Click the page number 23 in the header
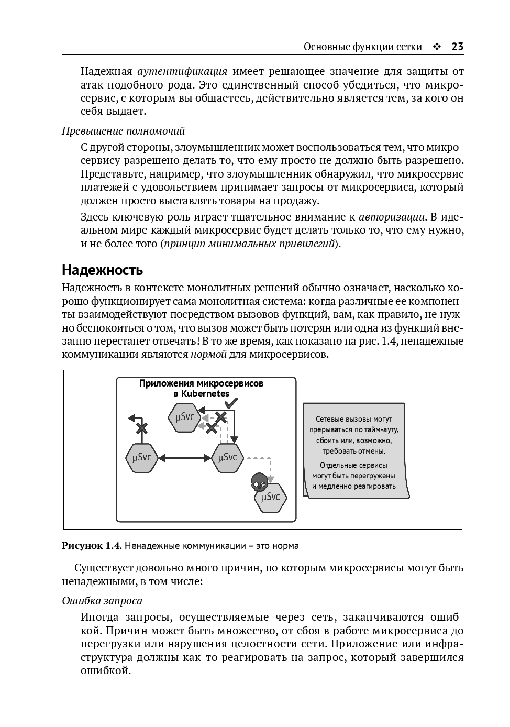[x=457, y=47]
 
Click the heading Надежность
[x=102, y=270]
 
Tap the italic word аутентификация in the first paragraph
[x=182, y=71]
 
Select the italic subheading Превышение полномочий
[x=123, y=131]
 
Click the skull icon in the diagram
[x=259, y=481]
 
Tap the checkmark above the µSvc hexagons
[x=230, y=403]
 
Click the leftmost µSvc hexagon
[x=142, y=458]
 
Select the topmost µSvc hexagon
[x=184, y=417]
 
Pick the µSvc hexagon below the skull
[x=270, y=497]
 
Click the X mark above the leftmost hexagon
[x=141, y=428]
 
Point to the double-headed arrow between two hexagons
[x=184, y=458]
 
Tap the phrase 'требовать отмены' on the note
[x=353, y=450]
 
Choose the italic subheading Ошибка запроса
[x=102, y=601]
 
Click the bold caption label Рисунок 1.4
[x=92, y=546]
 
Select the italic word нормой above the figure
[x=208, y=354]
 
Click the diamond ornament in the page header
[x=437, y=47]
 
